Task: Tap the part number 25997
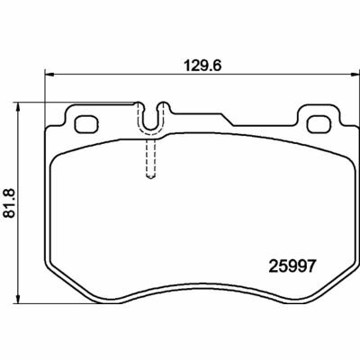292,265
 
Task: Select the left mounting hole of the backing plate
86,124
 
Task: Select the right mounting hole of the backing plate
319,124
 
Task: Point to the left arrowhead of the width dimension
49,73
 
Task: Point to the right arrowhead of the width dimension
355,73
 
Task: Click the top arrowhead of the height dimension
19,106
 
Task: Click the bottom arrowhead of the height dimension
19,299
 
